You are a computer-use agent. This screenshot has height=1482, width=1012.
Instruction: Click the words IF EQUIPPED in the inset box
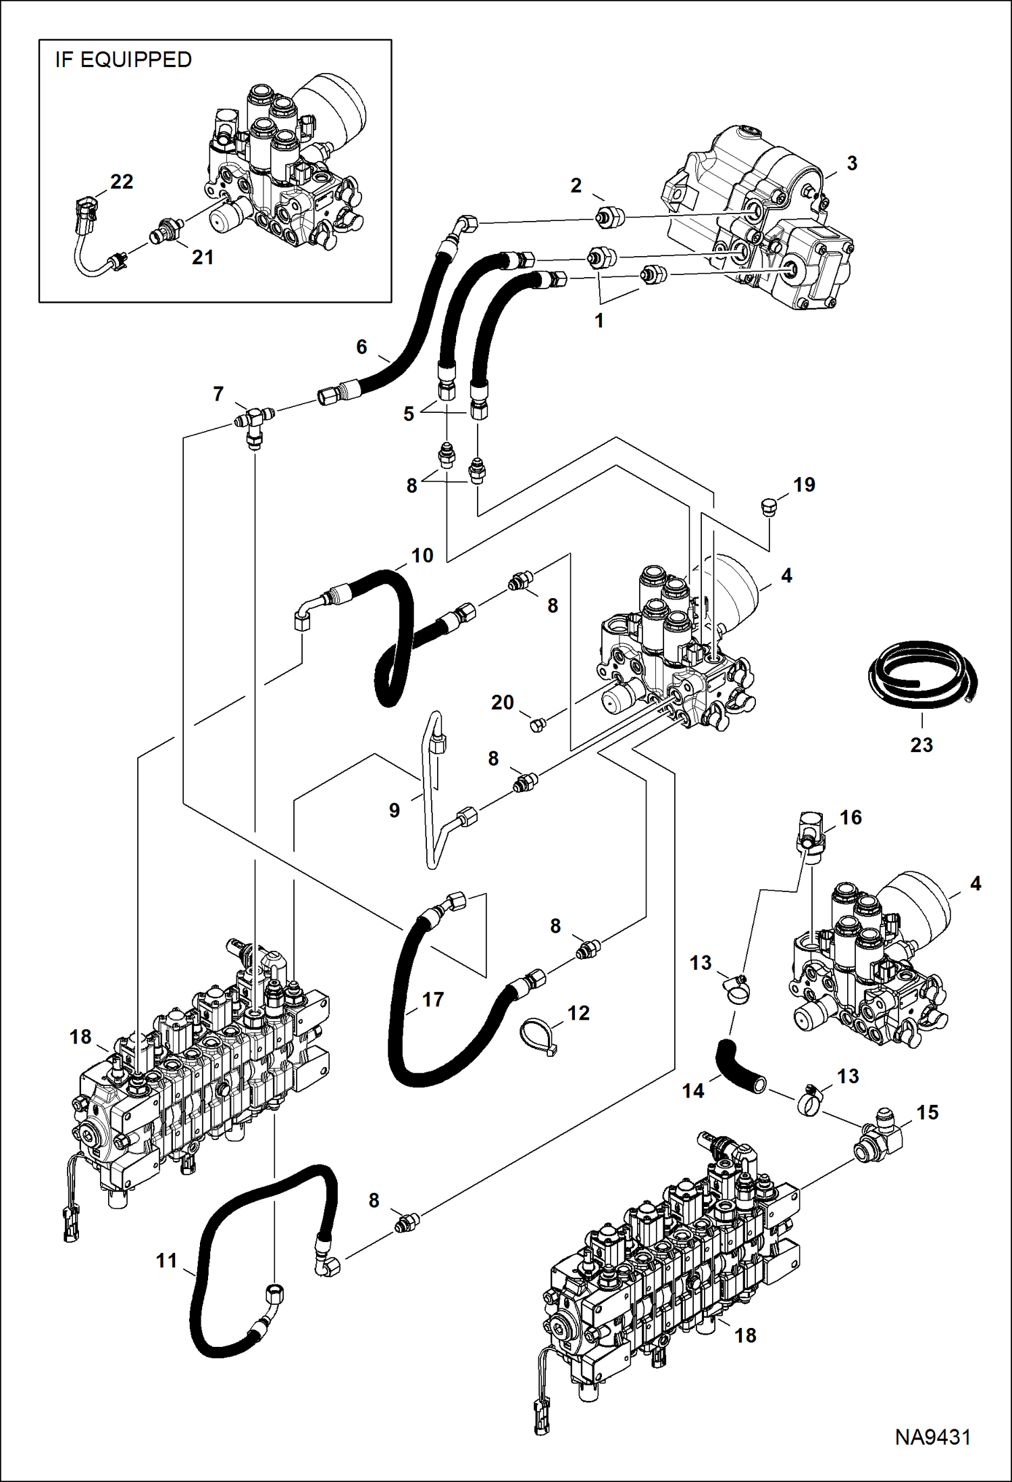click(124, 60)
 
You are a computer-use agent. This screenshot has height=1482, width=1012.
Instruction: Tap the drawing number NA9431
click(933, 1437)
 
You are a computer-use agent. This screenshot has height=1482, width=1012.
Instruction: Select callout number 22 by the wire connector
click(122, 182)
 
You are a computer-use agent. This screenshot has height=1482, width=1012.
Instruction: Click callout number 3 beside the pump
click(852, 163)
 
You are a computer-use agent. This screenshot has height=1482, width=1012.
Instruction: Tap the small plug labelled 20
click(538, 726)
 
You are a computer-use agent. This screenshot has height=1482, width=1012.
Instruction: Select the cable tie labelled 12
click(538, 1033)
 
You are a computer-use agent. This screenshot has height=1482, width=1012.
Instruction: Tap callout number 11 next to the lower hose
click(166, 1260)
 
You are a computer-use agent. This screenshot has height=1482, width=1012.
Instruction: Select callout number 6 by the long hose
click(361, 347)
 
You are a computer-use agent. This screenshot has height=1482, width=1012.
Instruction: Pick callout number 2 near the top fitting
click(576, 185)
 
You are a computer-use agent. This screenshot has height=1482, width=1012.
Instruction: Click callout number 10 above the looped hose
click(422, 555)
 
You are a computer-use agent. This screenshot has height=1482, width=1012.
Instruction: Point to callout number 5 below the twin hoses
click(409, 414)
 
